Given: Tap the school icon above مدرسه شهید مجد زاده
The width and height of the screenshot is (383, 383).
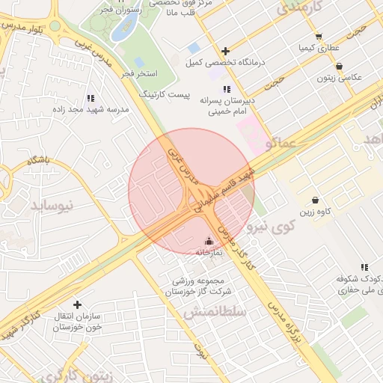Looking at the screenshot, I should point(91,98).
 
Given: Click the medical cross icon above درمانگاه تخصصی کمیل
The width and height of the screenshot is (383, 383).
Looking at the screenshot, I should point(225,52).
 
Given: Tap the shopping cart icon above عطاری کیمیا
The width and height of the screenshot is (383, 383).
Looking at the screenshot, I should point(319,37).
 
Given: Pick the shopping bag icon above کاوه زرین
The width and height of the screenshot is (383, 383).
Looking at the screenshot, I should point(316,200).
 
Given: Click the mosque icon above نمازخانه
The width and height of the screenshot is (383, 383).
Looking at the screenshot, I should point(208,242).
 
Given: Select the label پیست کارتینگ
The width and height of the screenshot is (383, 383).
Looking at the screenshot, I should point(170,96).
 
